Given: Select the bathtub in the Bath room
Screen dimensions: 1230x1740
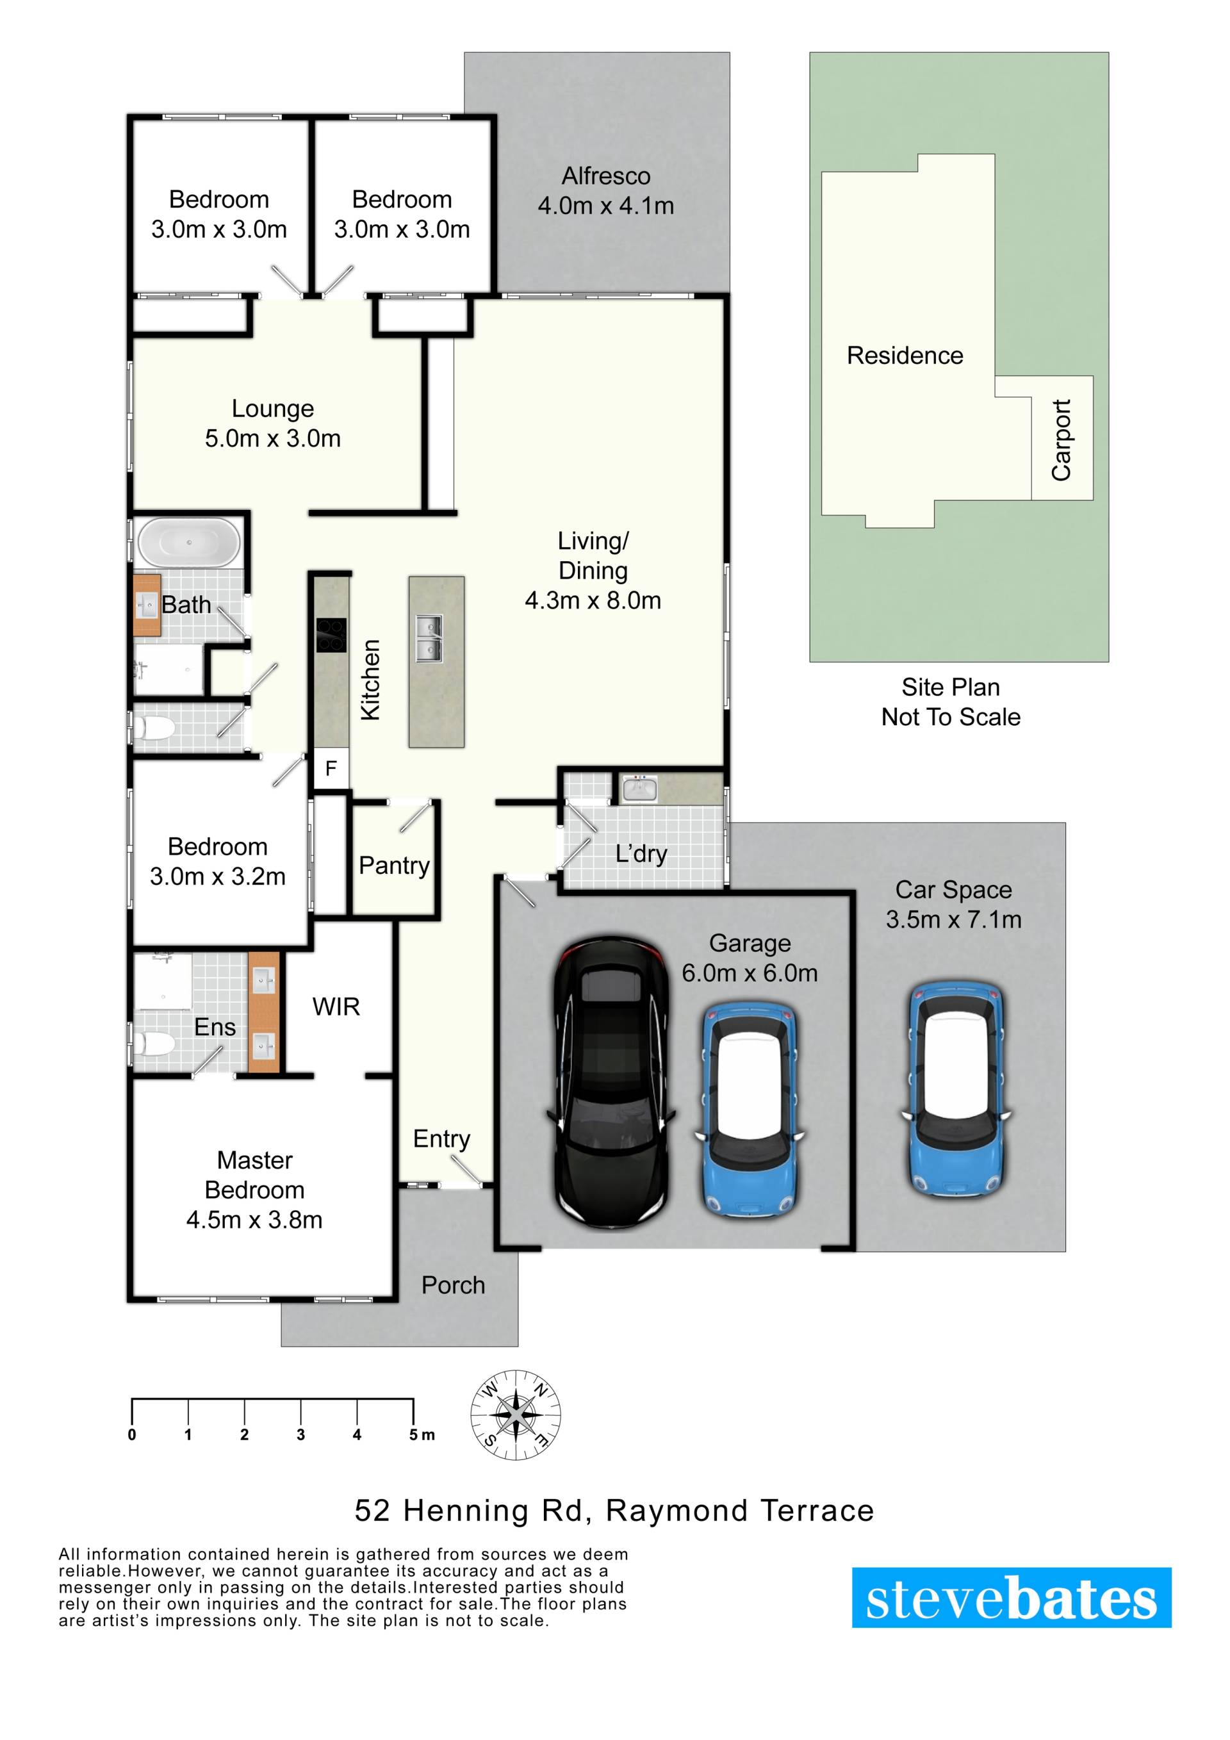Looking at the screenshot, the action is click(x=189, y=542).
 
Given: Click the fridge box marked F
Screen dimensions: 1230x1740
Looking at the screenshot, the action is click(x=331, y=768).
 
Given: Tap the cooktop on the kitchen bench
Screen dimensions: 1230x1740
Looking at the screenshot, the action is click(x=331, y=635).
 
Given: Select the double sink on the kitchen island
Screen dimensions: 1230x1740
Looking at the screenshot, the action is click(x=428, y=638).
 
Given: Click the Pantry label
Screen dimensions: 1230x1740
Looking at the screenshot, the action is click(x=394, y=866).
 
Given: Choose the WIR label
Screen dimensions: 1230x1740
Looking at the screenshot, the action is click(x=336, y=1007).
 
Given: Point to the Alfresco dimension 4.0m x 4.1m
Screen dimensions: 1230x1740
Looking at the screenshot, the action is click(x=605, y=206).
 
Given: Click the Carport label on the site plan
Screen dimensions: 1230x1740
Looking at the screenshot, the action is click(x=1061, y=439).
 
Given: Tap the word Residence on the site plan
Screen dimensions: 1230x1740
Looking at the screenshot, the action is click(x=905, y=356).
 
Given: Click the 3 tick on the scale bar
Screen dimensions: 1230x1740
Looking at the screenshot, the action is click(x=301, y=1434).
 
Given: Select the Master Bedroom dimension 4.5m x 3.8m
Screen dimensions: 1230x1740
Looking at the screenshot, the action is click(x=254, y=1219).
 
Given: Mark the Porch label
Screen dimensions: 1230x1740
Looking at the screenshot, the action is click(x=453, y=1285).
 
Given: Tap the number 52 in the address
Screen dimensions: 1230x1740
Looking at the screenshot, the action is click(x=372, y=1511).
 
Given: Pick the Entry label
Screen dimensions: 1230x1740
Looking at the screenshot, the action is click(x=441, y=1139).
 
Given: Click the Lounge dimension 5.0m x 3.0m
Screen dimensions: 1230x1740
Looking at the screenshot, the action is click(x=273, y=438).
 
